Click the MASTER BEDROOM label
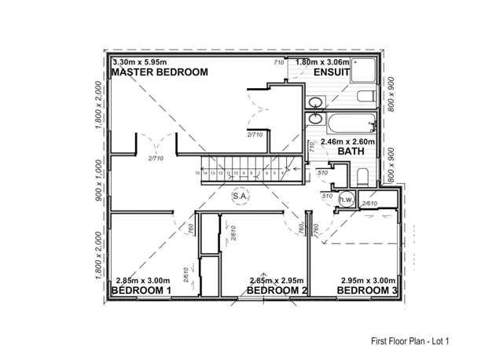coord(160,72)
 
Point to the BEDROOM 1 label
coord(142,291)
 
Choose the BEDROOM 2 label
coord(276,291)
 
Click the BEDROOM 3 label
coord(366,291)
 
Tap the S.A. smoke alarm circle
coord(240,197)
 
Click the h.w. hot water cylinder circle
coord(345,200)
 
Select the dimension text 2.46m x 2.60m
coord(348,141)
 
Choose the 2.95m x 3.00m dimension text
coord(368,281)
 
